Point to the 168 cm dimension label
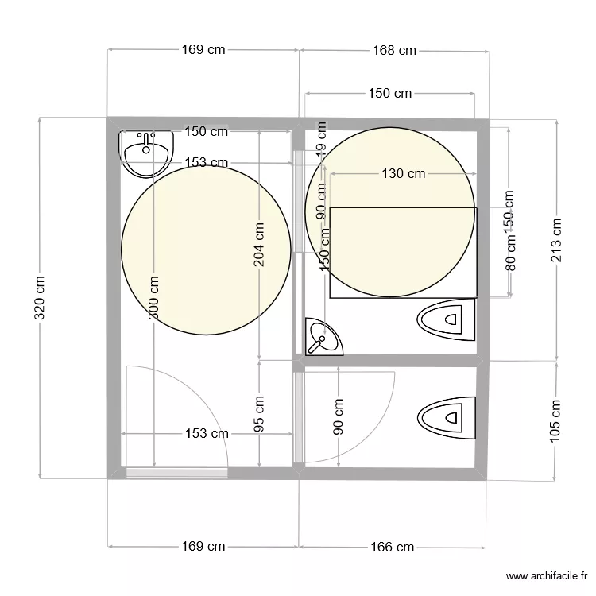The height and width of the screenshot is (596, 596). [394, 50]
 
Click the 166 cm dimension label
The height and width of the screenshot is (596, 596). [393, 547]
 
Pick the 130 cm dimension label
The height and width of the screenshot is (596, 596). [403, 174]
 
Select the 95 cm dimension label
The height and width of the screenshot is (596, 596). [260, 414]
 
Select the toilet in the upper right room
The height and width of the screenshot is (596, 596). [445, 320]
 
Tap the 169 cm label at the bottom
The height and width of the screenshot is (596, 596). [203, 547]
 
